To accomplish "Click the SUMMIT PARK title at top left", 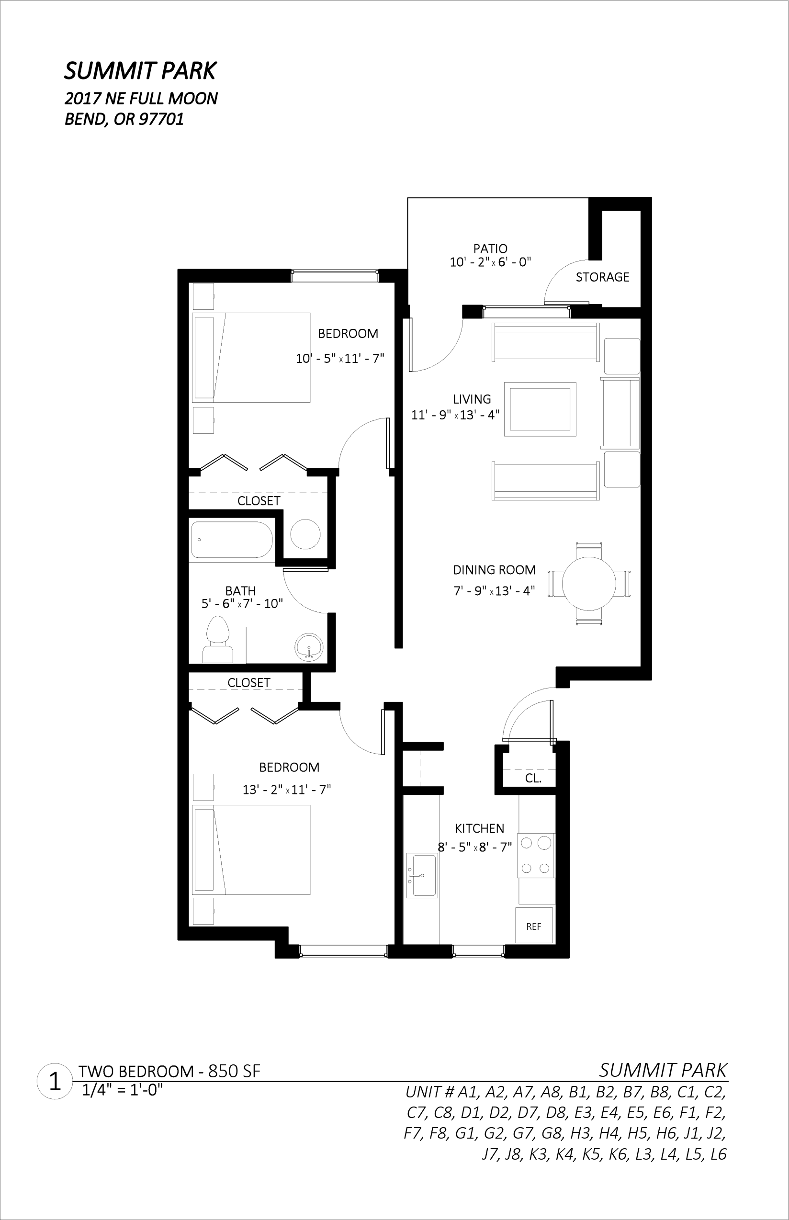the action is [x=140, y=71].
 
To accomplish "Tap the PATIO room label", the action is [x=490, y=249].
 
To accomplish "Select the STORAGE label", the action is [x=602, y=277].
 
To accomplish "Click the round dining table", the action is [x=589, y=584].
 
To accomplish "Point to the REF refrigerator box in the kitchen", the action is [x=534, y=926].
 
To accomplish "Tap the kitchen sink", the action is [x=422, y=875].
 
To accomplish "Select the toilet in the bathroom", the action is [x=218, y=638].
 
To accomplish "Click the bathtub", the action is [x=232, y=540].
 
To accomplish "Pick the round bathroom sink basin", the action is [x=309, y=647].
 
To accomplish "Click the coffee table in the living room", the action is [x=540, y=409].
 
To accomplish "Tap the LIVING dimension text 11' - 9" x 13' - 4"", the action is [x=455, y=415].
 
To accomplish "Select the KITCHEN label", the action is [x=480, y=828].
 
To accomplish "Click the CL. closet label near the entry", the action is [x=533, y=779].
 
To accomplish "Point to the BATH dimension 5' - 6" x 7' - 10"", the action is [x=242, y=604].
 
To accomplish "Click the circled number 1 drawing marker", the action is [x=54, y=1082].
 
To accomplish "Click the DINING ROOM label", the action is [x=495, y=570].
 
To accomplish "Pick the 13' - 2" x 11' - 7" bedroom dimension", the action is [x=287, y=790].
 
